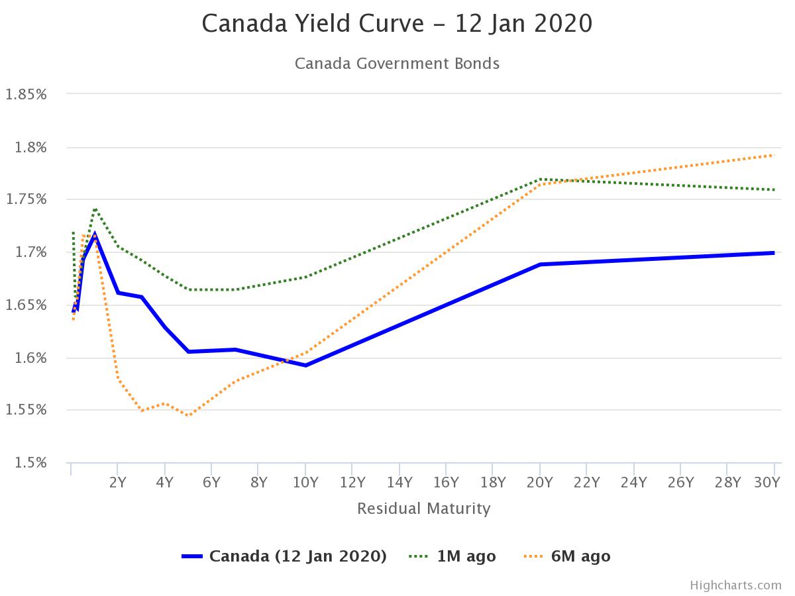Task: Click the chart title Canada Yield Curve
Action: point(397,24)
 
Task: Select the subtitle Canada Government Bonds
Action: point(397,64)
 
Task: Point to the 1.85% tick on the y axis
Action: point(26,94)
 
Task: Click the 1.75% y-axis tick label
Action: point(26,199)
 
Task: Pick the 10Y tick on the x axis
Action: point(305,483)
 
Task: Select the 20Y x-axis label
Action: point(540,483)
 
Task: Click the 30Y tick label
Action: point(767,483)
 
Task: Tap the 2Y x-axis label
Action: point(117,483)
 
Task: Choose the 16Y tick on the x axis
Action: point(446,483)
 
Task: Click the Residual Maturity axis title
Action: point(424,509)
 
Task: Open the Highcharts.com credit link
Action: point(735,585)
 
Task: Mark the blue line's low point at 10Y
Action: point(305,365)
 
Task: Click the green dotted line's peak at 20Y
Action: point(541,179)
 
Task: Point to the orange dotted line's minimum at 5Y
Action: point(188,416)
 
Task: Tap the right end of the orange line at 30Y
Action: point(774,155)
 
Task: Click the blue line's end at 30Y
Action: point(774,252)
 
